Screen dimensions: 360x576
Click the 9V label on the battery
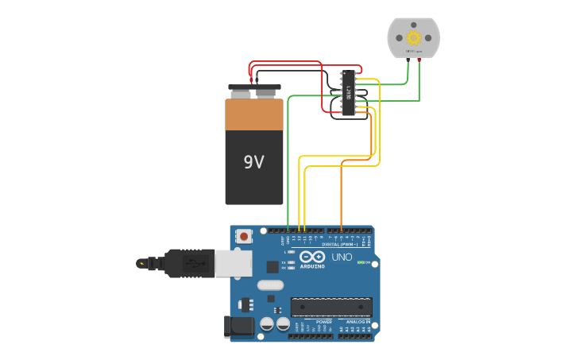tap(253, 163)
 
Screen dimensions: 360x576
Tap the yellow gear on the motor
tap(413, 37)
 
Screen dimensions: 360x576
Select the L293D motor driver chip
tap(348, 94)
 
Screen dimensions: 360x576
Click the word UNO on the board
tap(342, 257)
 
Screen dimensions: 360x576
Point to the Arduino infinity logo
tap(312, 257)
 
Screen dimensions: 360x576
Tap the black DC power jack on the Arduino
tap(238, 326)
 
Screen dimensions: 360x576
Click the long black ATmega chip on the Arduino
tap(331, 307)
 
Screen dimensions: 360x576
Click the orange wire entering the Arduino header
tap(342, 226)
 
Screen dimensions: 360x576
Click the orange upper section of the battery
tap(254, 114)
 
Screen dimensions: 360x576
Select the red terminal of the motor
tap(419, 60)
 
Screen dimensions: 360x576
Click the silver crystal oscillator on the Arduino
tap(270, 285)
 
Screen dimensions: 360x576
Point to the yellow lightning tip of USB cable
tap(141, 263)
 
